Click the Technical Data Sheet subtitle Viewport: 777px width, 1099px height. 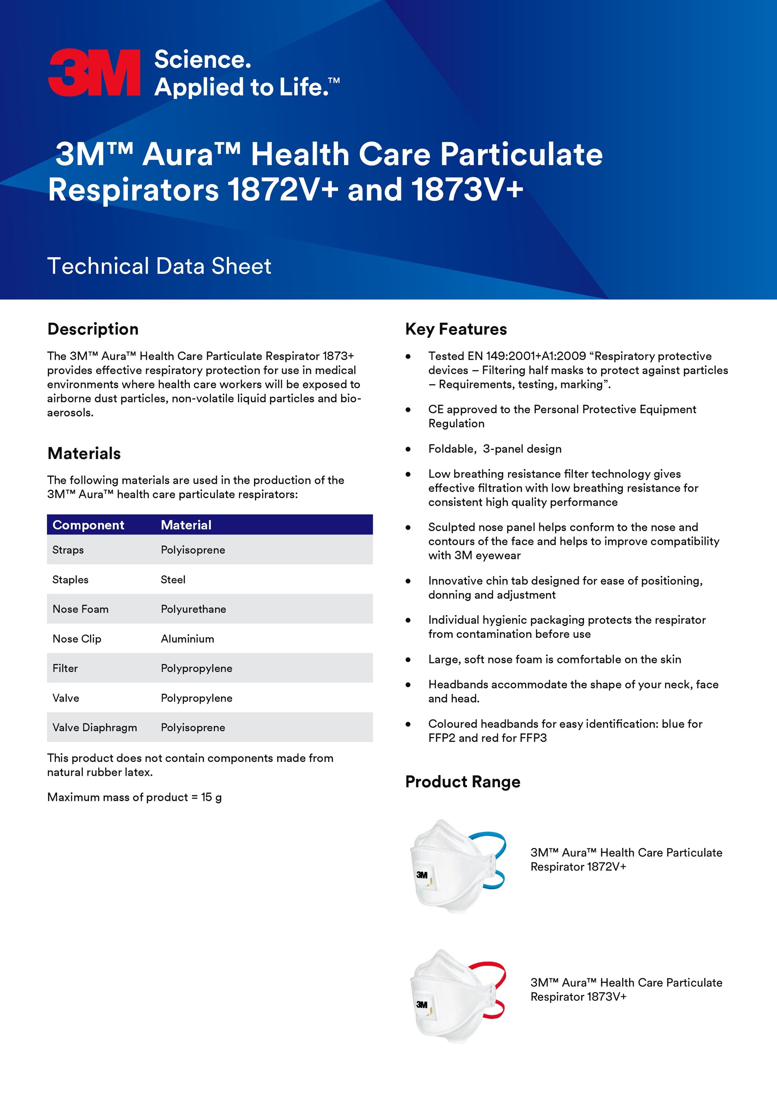159,266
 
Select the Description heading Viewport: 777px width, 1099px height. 93,329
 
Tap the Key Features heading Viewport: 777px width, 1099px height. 456,329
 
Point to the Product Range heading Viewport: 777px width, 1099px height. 462,782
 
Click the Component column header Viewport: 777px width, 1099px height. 88,525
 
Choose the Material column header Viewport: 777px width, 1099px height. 186,525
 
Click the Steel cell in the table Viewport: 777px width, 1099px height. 173,580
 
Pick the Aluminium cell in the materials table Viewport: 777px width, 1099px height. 187,639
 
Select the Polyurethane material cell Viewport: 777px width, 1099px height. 193,609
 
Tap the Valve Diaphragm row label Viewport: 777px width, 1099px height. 94,728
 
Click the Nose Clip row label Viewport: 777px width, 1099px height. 77,639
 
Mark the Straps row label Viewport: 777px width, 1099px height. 68,550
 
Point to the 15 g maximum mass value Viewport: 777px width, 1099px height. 211,797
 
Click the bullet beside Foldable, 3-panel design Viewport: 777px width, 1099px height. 408,449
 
